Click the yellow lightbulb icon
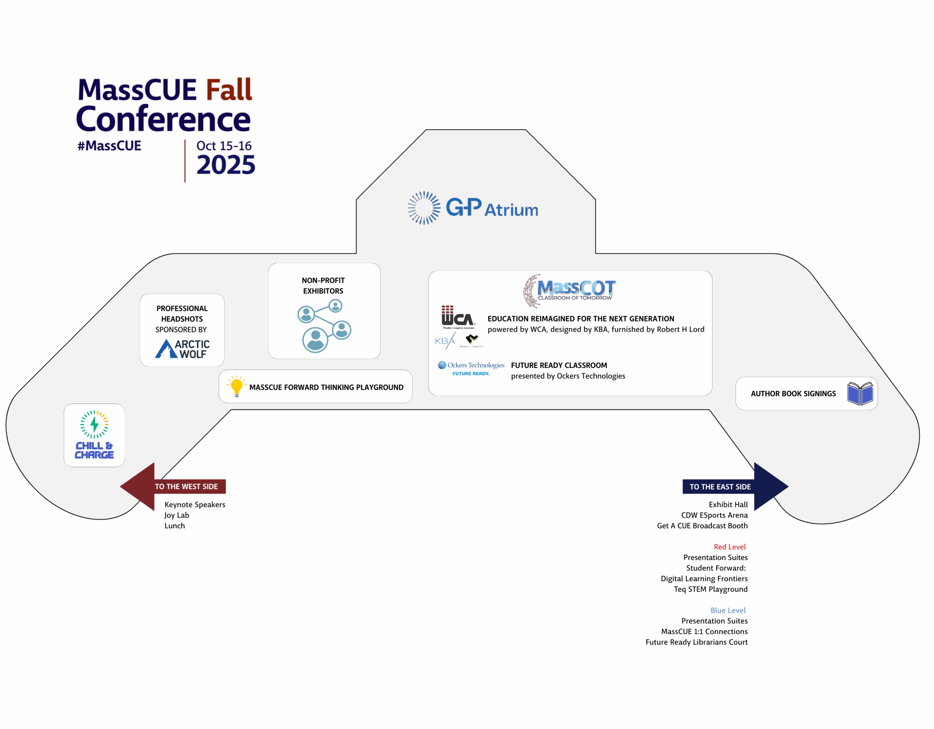236,386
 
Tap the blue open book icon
860,393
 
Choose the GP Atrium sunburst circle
424,208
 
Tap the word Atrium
511,210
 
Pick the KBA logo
445,341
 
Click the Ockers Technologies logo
471,368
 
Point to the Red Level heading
729,547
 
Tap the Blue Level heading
727,610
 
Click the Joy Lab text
177,515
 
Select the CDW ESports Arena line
714,515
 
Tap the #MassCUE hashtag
109,146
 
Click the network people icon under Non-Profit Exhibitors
324,326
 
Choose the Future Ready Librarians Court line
696,642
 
